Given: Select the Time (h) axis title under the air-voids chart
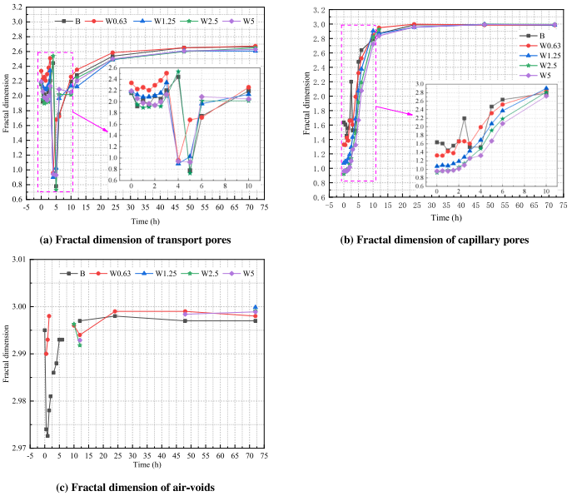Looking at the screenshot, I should pos(150,471).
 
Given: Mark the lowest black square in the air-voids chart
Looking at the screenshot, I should pos(47,435).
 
